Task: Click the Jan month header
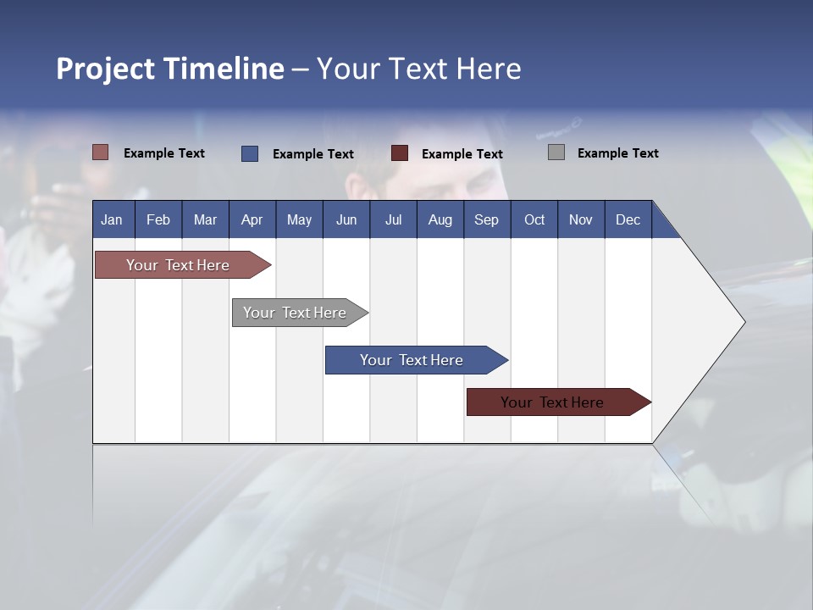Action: tap(112, 220)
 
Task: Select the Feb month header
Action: tap(158, 220)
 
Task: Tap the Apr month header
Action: tap(252, 220)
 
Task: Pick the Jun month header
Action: tap(346, 220)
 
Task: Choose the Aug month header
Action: tap(440, 220)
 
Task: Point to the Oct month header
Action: tap(534, 220)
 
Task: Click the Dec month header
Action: tap(628, 220)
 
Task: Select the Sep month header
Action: tap(486, 220)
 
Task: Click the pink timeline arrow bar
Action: tap(183, 265)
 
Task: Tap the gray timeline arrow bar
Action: tap(300, 313)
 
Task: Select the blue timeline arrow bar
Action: tap(417, 360)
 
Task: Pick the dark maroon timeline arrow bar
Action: tap(559, 402)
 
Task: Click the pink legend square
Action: tap(100, 152)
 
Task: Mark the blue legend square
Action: tap(250, 153)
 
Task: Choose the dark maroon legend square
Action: tap(399, 153)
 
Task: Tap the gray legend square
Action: tap(556, 152)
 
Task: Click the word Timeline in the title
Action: tap(224, 69)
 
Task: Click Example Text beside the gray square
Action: tap(618, 153)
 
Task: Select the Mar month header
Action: tap(205, 220)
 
